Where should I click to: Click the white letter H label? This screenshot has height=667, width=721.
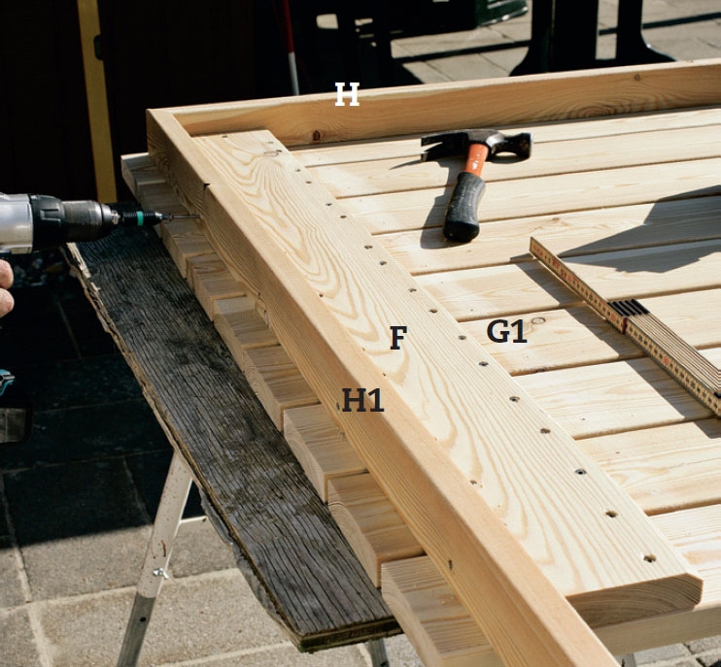tap(347, 94)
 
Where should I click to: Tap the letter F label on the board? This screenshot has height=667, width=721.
tap(398, 338)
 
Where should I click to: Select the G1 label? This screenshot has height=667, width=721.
tap(506, 331)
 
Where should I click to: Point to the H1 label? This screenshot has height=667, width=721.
tap(362, 400)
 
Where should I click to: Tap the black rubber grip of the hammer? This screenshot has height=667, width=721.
tap(463, 207)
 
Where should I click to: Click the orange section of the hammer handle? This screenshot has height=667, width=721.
tap(476, 159)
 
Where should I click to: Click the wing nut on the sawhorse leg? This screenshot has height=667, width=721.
tap(160, 573)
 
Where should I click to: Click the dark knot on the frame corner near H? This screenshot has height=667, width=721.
tap(317, 136)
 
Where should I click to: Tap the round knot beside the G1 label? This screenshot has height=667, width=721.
tap(538, 320)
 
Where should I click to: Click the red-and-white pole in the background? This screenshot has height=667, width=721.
tap(291, 46)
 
